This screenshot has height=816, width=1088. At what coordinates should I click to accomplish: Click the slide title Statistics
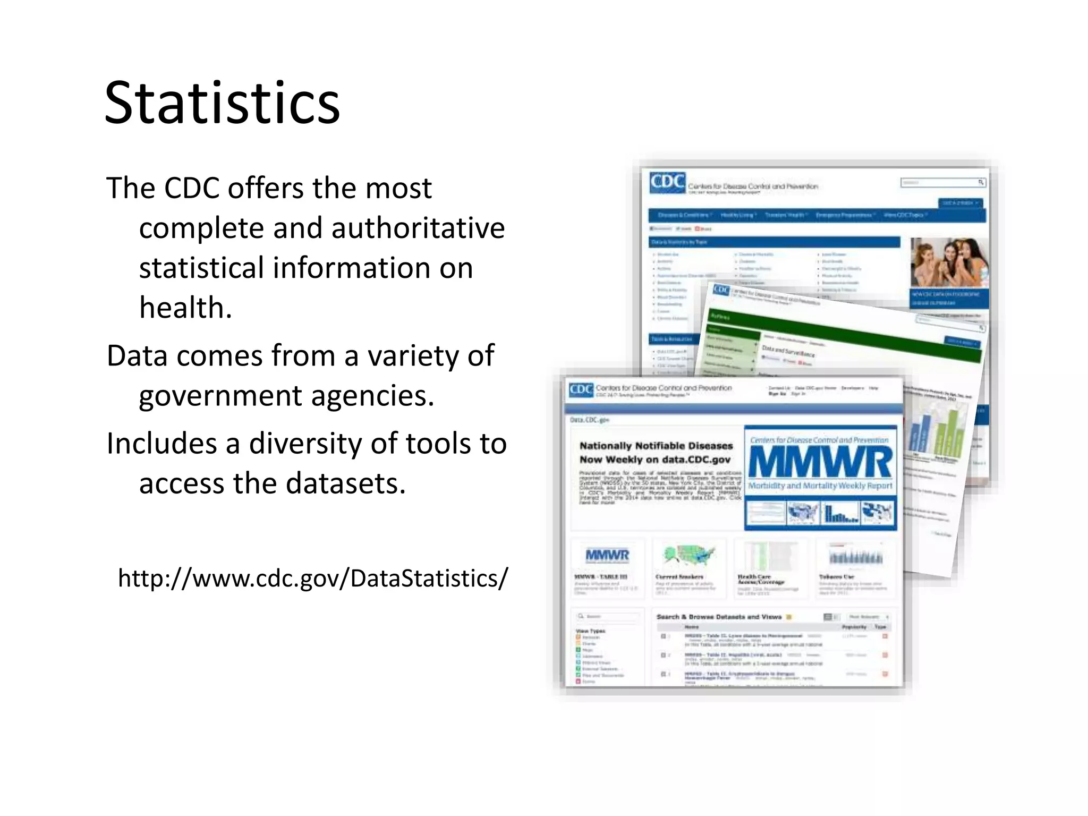[222, 103]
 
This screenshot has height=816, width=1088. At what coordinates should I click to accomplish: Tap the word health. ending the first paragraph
[185, 308]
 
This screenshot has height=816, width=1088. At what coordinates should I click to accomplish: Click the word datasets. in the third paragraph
[346, 483]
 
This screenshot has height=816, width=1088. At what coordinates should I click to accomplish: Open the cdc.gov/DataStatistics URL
[313, 578]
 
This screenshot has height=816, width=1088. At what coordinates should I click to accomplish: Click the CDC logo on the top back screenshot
[667, 182]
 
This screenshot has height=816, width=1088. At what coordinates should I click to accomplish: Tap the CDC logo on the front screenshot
[581, 389]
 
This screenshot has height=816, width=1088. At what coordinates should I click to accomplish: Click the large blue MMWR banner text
[820, 463]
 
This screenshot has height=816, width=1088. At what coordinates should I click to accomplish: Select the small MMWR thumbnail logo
[607, 556]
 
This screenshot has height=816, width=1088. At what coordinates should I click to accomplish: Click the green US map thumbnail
[688, 556]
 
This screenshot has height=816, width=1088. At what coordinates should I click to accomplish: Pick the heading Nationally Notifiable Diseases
[656, 446]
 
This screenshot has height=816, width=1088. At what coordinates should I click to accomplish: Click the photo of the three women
[949, 262]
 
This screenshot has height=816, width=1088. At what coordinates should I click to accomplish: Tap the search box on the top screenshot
[939, 183]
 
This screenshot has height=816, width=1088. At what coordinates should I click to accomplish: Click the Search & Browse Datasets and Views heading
[719, 617]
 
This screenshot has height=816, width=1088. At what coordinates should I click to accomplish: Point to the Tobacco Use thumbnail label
[836, 577]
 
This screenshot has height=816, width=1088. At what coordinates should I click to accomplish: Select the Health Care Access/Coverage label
[761, 579]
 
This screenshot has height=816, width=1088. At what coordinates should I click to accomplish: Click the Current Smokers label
[679, 577]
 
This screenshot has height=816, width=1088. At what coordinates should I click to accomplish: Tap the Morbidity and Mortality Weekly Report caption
[820, 486]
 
